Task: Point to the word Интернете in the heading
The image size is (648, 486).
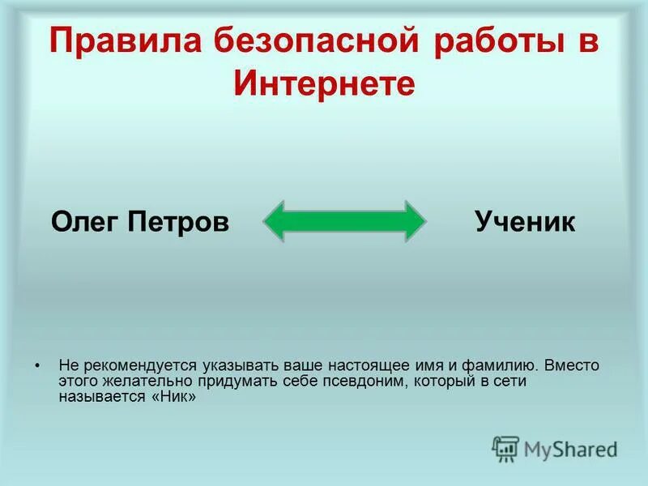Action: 324,84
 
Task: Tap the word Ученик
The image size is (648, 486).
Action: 525,222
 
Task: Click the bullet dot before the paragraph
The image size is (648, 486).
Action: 37,365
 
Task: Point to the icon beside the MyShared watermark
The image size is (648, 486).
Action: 505,448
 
